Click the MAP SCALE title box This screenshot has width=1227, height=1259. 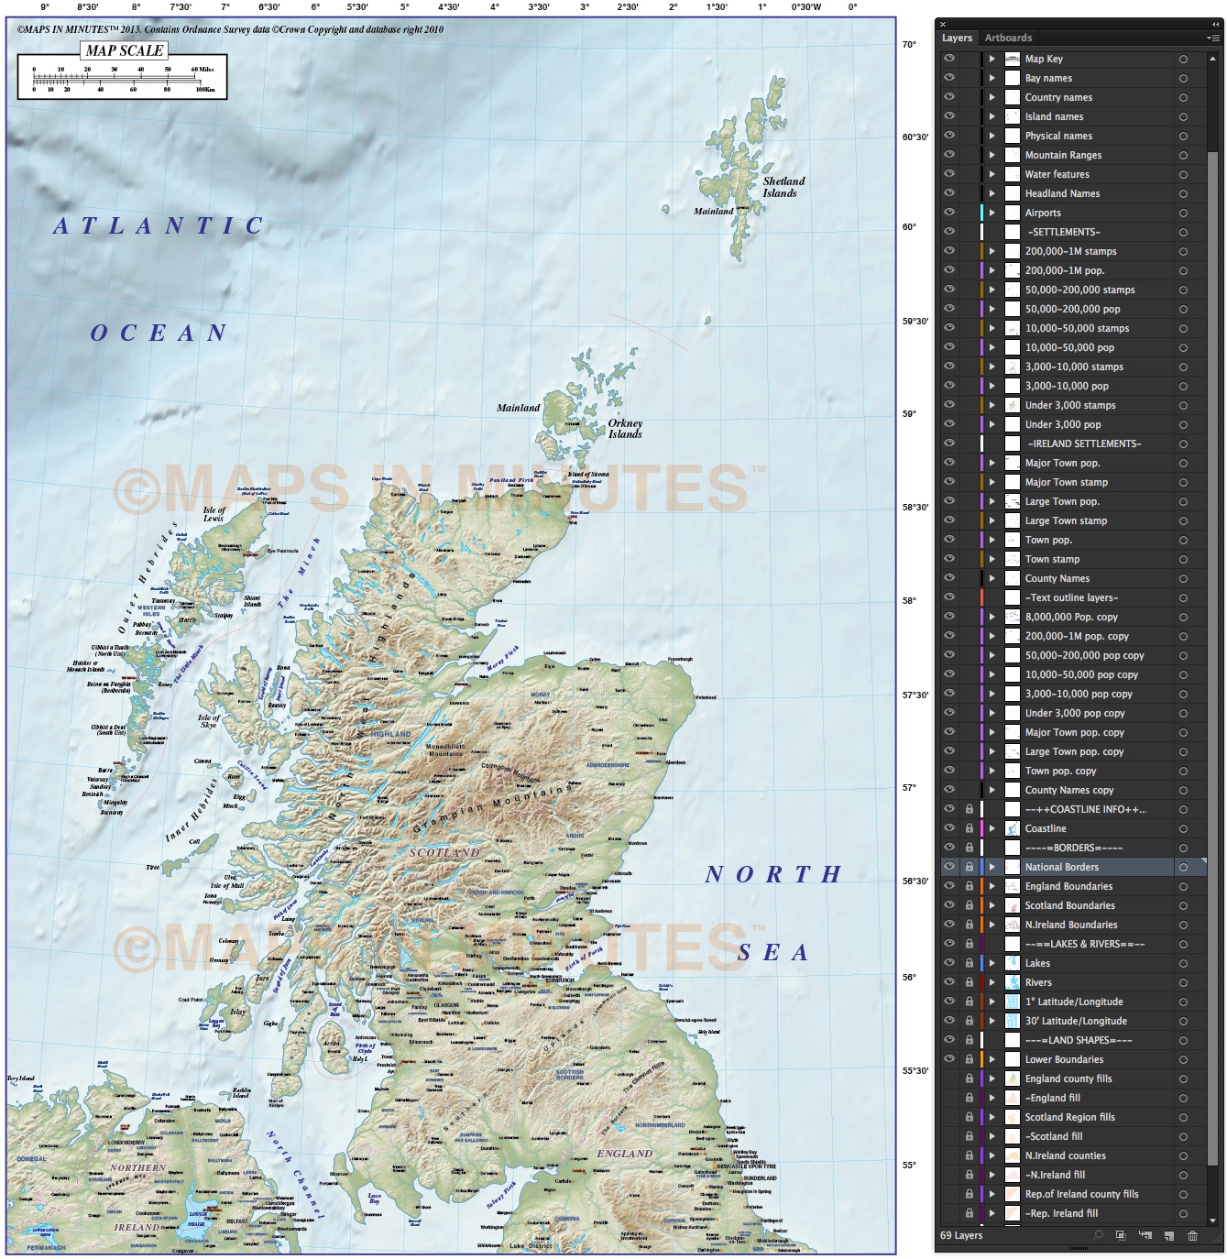125,50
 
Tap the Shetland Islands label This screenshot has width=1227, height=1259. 783,187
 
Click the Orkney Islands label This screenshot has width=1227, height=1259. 625,429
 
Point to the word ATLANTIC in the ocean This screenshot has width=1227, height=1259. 159,226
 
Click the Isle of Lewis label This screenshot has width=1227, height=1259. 214,514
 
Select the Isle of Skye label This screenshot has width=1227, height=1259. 209,721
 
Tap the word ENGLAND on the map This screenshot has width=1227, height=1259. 625,1154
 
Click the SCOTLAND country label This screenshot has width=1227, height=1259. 444,852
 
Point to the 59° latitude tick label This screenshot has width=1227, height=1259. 909,414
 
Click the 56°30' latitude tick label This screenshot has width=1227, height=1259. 915,881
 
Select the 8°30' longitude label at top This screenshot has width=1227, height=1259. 87,7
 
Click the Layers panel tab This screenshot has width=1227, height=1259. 957,38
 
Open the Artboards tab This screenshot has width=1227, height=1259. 1008,38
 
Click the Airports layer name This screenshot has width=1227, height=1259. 1043,213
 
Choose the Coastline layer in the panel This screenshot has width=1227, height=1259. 1046,828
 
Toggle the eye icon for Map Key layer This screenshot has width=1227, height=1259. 949,59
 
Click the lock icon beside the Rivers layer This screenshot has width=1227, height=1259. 969,982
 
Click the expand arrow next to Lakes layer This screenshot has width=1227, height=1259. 991,963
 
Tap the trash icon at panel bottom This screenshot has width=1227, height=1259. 1192,1236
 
